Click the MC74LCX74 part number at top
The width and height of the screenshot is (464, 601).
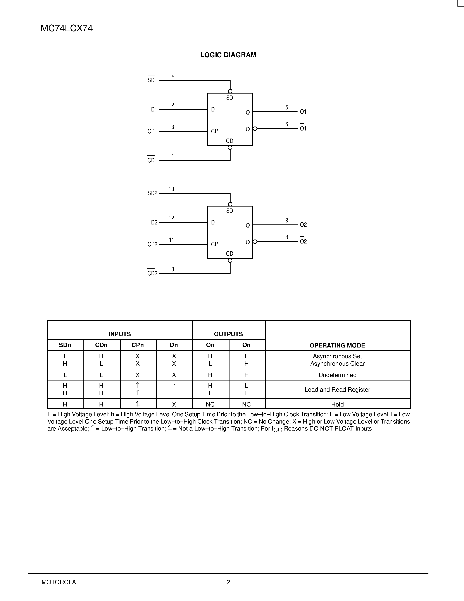tap(67, 28)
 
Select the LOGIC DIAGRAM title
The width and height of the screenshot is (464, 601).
tap(228, 55)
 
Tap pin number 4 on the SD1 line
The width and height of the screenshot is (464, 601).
tap(173, 76)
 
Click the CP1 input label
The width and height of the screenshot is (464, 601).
tap(152, 132)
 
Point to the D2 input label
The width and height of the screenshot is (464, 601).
tap(154, 222)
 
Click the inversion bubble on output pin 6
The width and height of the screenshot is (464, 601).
tap(255, 129)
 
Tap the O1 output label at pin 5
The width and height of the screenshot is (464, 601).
tap(303, 112)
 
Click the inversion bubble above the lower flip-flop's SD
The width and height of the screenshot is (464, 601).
tap(230, 204)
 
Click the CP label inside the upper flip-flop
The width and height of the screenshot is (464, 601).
tap(214, 132)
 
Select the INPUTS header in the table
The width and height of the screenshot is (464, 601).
tap(120, 334)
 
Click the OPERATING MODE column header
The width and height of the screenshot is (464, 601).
tap(337, 345)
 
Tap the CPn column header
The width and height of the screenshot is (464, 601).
tap(138, 345)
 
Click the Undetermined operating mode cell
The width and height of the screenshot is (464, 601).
tap(337, 375)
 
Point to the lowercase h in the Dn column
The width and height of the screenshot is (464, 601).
tap(174, 386)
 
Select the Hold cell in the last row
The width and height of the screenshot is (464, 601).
tap(337, 404)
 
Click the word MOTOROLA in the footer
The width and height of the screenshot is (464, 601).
tap(59, 582)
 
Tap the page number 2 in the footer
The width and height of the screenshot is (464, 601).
tap(228, 582)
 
